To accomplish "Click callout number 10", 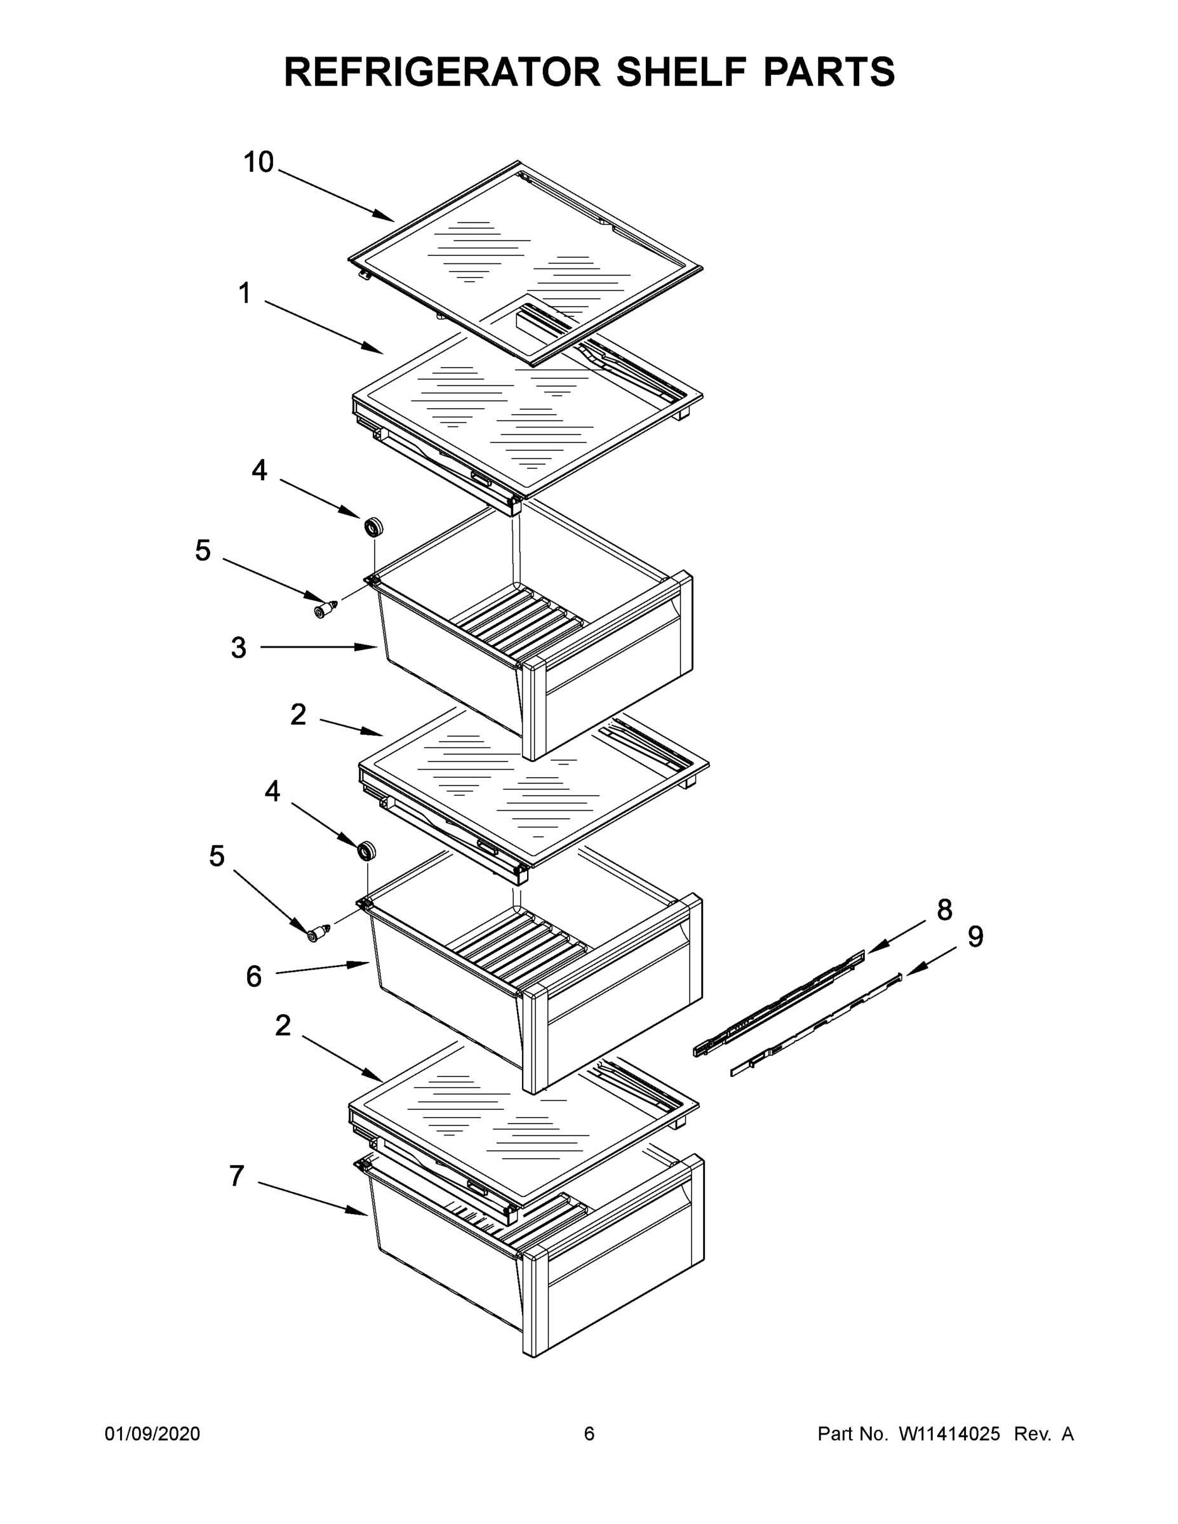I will [258, 163].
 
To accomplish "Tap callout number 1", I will [244, 294].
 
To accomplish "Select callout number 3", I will [239, 648].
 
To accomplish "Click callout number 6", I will [253, 976].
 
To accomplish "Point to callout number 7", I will [238, 1176].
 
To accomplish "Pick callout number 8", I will [944, 910].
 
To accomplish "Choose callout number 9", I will [975, 937].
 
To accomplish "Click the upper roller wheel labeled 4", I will [374, 527].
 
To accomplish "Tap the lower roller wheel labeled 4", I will [366, 852].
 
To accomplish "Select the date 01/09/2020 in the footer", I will [152, 1434].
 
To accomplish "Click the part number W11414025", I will [949, 1434].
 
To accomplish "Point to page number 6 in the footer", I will [589, 1434].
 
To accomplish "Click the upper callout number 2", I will [298, 714].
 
